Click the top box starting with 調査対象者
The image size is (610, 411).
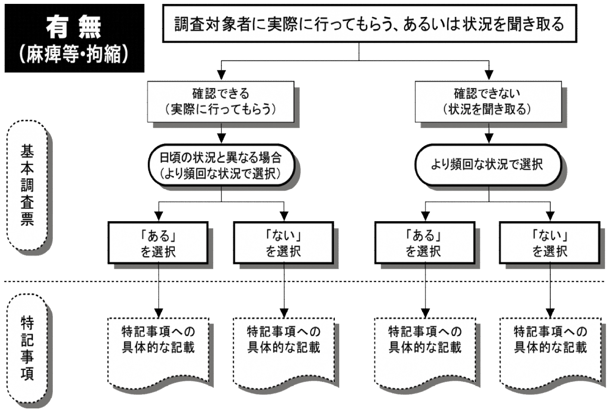tap(369, 24)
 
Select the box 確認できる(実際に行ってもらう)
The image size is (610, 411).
tap(221, 102)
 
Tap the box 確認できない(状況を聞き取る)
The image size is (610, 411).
tap(488, 102)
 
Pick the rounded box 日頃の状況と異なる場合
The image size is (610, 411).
tap(221, 165)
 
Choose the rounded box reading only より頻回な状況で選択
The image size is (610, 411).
tap(488, 164)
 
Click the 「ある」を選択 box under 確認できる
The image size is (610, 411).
tap(158, 243)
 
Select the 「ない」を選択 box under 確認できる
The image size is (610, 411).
tap(283, 243)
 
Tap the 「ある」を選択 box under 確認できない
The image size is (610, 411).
tap(425, 243)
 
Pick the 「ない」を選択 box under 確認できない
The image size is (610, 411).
tap(549, 243)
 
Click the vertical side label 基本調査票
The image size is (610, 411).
tap(27, 185)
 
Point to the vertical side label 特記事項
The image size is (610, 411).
tap(27, 349)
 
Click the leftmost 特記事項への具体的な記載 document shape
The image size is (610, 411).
tap(158, 351)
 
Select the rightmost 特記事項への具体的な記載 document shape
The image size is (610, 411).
tap(550, 351)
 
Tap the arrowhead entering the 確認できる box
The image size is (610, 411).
tap(221, 76)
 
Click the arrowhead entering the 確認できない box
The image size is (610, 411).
tap(488, 76)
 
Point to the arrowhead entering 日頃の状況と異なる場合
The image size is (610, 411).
tap(221, 138)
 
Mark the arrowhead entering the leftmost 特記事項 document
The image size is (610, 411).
tap(159, 313)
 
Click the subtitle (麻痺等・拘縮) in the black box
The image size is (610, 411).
tap(74, 55)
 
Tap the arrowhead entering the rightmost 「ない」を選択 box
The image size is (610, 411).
tap(550, 216)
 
